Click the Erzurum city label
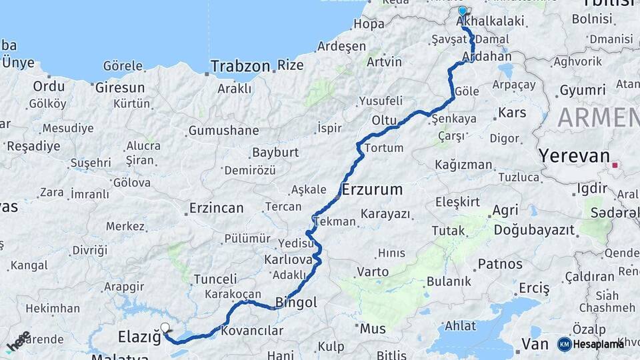pos(372,189)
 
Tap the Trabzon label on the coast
pos(240,66)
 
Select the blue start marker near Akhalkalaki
pos(463,11)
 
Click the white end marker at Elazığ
pos(165,327)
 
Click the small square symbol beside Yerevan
pos(615,165)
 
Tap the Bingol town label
pos(296,303)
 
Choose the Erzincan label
pos(216,208)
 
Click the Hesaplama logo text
pos(599,343)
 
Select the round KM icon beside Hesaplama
pos(565,344)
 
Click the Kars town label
pos(512,113)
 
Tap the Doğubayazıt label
pos(534,229)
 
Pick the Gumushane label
pos(223,131)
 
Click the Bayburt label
pos(275,152)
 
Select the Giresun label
pos(120,87)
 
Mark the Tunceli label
pos(215,279)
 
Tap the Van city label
pos(535,344)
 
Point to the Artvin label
pos(383,61)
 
